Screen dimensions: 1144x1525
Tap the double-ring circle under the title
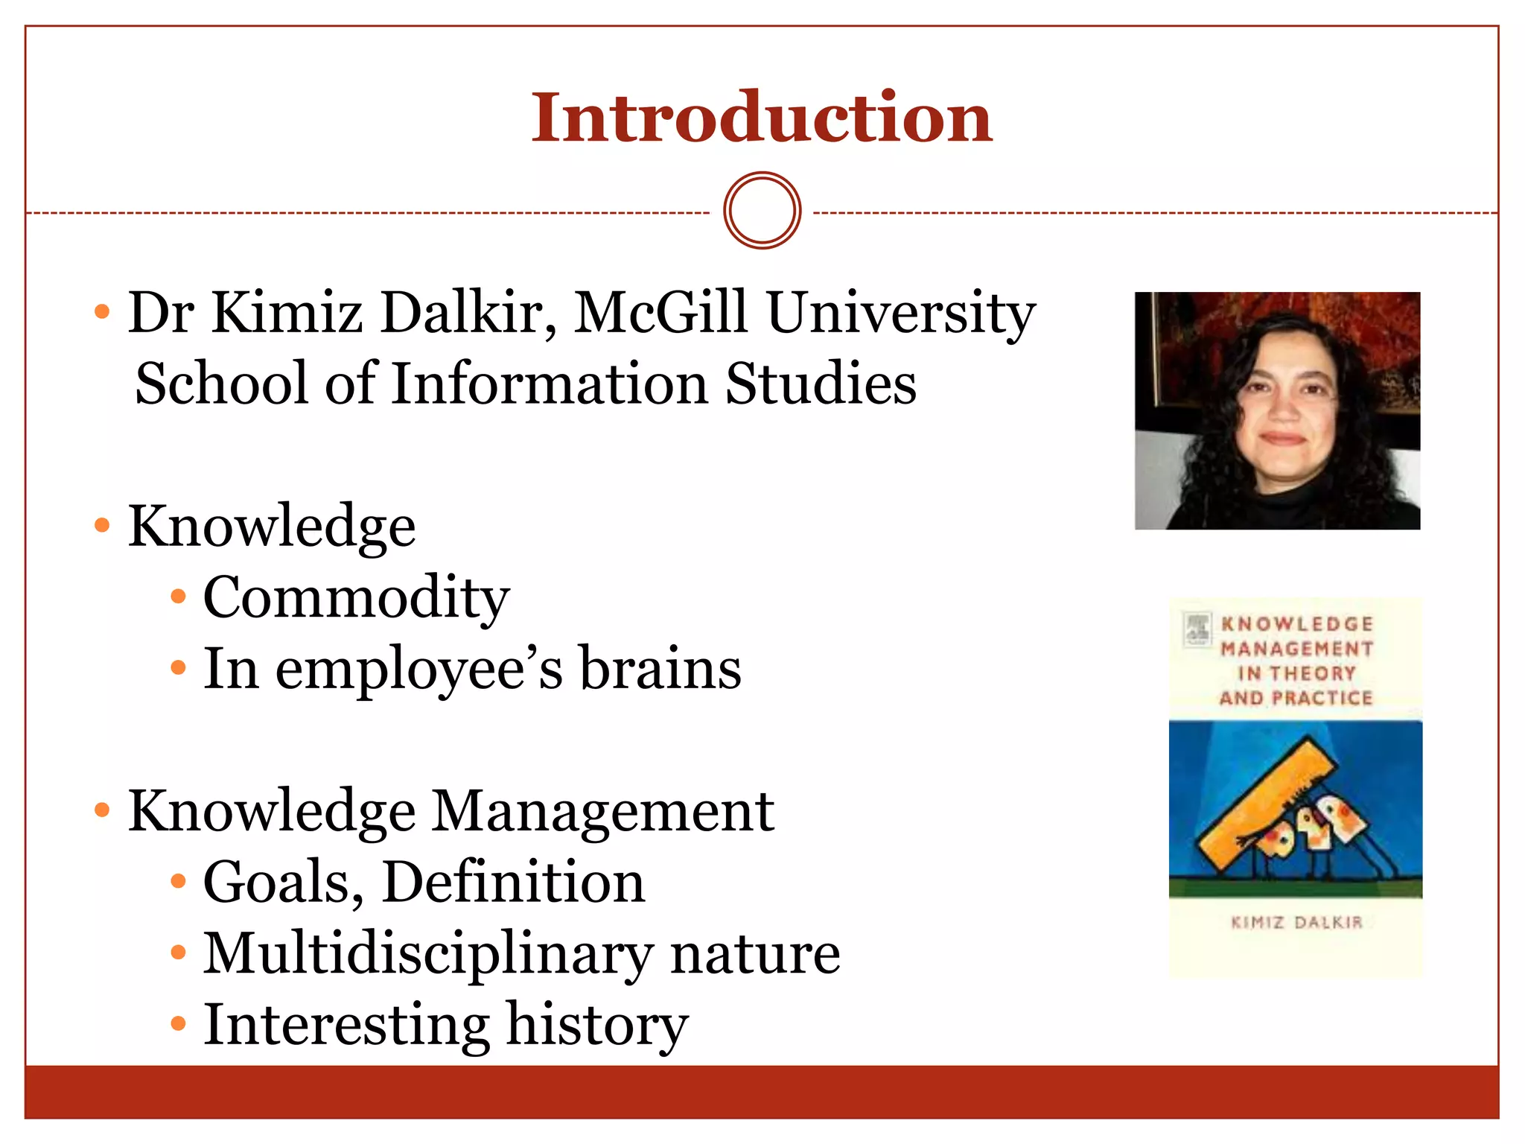pos(762,211)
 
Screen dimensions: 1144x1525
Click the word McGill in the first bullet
pos(660,313)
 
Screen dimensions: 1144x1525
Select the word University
pos(901,313)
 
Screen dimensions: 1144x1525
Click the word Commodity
pos(356,598)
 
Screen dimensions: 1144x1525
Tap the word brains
pos(660,669)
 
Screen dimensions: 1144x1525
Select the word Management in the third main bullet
pos(603,811)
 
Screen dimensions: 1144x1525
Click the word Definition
pos(513,883)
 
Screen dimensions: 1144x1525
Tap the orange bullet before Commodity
pos(178,597)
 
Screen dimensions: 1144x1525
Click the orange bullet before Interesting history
pos(178,1024)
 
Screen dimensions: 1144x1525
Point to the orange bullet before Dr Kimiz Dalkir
pos(103,311)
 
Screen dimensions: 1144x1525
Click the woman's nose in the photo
pos(1282,413)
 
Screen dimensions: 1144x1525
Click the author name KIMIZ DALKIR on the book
pos(1296,923)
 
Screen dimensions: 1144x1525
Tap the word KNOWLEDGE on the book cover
pos(1297,624)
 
